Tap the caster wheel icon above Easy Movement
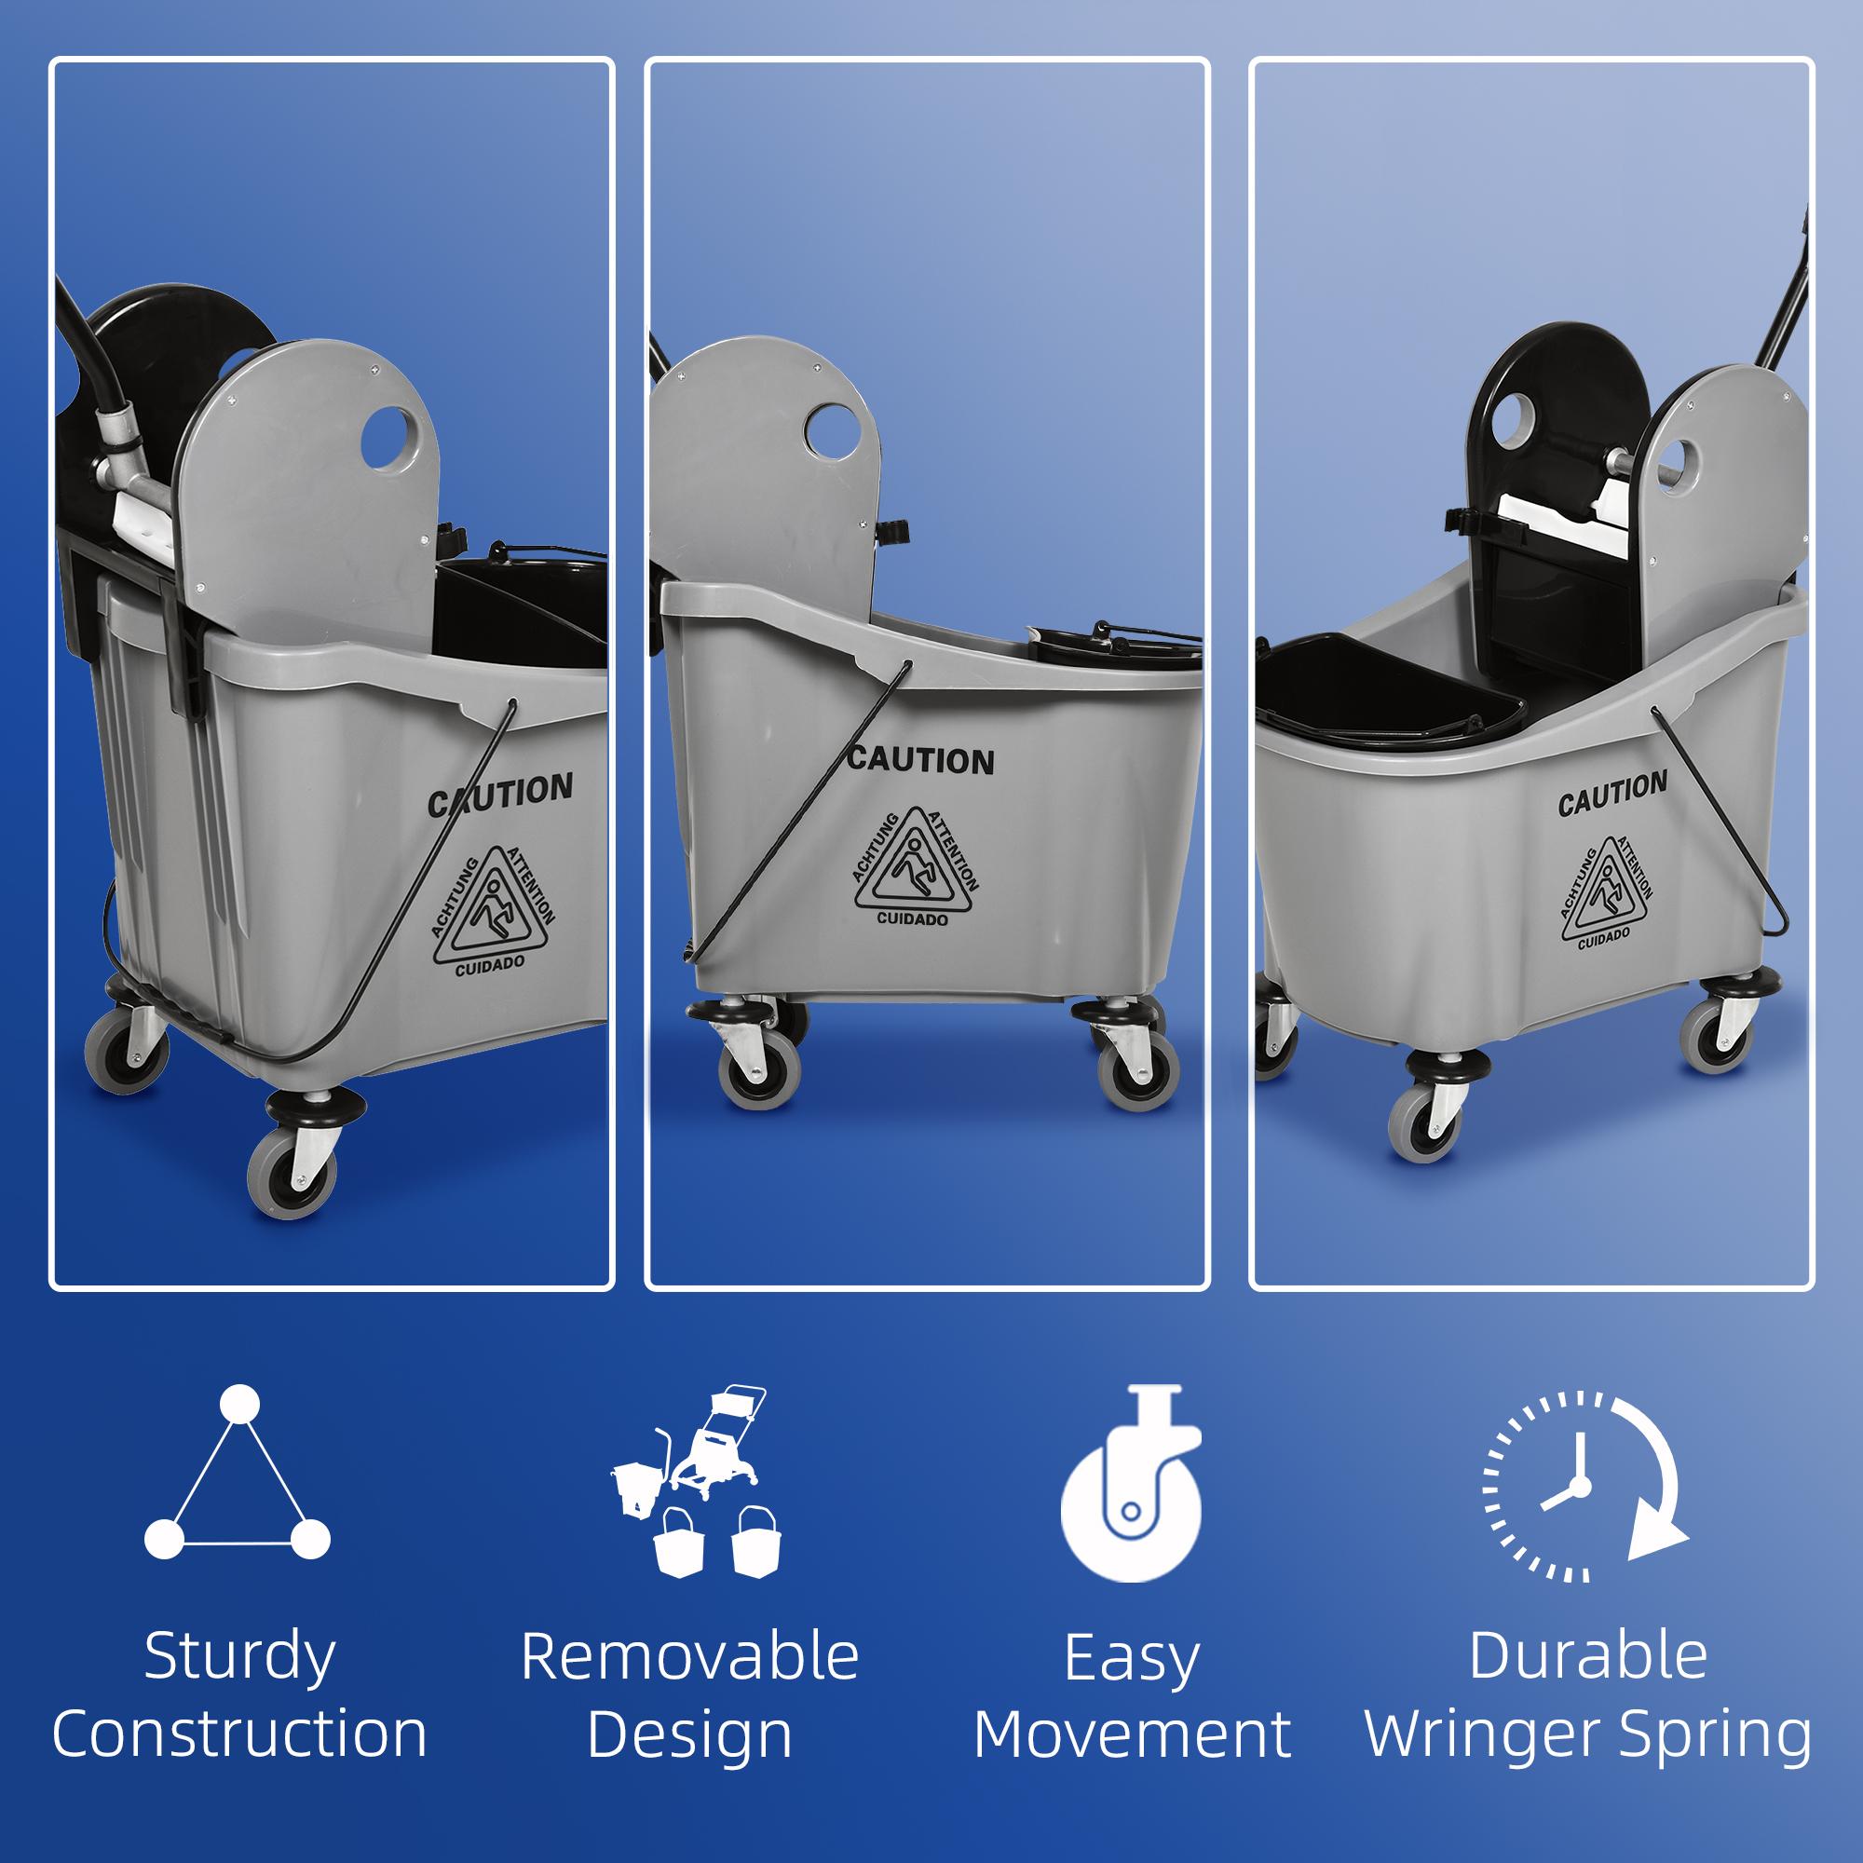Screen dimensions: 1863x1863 (x=1131, y=1485)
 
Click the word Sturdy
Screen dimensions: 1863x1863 (x=239, y=1656)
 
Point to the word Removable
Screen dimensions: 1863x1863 (x=689, y=1656)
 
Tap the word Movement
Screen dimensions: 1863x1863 (x=1132, y=1734)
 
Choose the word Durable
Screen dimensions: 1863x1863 (x=1588, y=1656)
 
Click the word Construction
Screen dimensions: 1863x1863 (x=239, y=1734)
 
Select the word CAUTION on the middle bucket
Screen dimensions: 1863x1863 (x=921, y=761)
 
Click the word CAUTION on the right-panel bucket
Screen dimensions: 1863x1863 (x=1612, y=794)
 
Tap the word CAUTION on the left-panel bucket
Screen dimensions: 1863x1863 (x=500, y=795)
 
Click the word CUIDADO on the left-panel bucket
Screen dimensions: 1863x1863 (x=490, y=965)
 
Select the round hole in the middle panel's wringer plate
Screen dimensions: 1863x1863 (x=832, y=432)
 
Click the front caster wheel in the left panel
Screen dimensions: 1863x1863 (x=292, y=1176)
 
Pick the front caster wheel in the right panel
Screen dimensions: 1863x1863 (x=1424, y=1123)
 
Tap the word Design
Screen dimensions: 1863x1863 (x=689, y=1734)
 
